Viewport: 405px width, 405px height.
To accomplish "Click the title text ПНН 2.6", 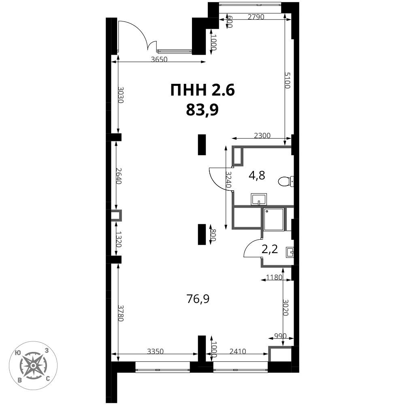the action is (202, 91).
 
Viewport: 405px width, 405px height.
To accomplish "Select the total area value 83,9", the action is (202, 110).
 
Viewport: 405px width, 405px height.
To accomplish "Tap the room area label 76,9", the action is (198, 299).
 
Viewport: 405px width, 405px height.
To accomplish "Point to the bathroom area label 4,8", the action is (257, 176).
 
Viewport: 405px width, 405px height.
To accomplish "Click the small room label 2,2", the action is (270, 249).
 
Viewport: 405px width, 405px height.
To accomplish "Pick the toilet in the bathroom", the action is (286, 181).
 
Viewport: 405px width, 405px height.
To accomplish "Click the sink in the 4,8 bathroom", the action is (258, 199).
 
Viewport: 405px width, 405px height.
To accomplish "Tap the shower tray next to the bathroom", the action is (274, 219).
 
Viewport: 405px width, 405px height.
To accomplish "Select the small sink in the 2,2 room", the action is (290, 252).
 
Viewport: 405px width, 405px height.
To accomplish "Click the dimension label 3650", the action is (159, 60).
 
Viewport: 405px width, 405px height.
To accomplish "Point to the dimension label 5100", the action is (288, 80).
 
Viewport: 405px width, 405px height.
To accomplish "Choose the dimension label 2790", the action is (256, 17).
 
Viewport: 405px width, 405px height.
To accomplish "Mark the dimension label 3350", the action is (156, 351).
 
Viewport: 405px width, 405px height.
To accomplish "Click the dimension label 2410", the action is (238, 351).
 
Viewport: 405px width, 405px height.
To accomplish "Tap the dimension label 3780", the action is (121, 313).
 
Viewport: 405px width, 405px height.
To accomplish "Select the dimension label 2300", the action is (262, 135).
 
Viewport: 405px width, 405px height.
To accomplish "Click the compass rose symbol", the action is (33, 365).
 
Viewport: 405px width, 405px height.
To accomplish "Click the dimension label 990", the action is (280, 336).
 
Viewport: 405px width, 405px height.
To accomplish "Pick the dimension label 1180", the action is (274, 277).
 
